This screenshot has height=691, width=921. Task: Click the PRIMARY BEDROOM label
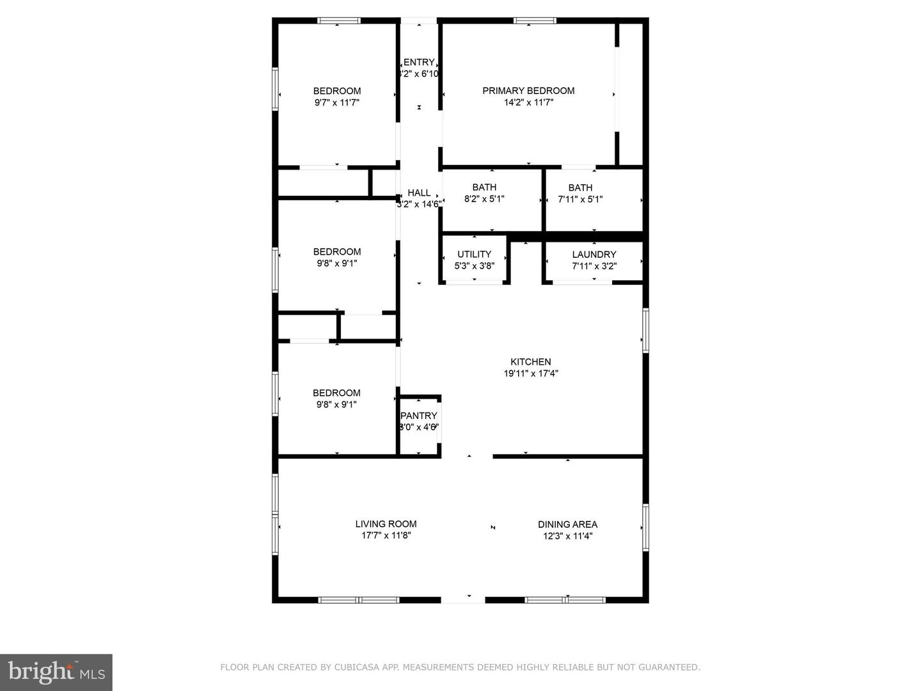tap(528, 91)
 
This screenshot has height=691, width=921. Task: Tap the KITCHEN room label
tap(530, 361)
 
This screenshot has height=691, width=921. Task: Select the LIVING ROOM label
tap(386, 524)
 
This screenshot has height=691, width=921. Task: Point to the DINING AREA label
tap(567, 524)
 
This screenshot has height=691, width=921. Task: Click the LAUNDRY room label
tap(594, 255)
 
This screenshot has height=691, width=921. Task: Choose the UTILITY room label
tap(474, 255)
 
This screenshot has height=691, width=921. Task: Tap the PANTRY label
tap(419, 416)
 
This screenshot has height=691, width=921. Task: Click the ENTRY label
tap(419, 62)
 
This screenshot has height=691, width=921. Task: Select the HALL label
tap(419, 193)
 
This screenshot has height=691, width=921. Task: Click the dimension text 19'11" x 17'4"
tap(530, 374)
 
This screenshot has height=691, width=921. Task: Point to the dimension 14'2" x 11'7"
tap(528, 102)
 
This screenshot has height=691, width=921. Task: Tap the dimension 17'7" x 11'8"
tap(386, 536)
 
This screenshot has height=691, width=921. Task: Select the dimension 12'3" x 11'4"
tap(567, 536)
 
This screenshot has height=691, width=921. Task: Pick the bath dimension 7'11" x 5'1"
tap(580, 199)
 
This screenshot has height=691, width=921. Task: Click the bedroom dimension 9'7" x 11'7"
tap(337, 102)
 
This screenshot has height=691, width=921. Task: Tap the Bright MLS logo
tap(56, 672)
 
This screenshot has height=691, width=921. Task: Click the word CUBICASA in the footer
tap(354, 667)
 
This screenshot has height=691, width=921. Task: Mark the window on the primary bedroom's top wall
tap(535, 21)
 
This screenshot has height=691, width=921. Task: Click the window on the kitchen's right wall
tap(645, 330)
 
